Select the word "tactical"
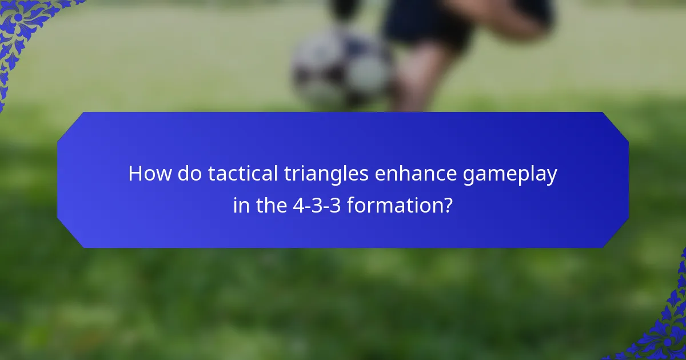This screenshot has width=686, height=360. [x=242, y=174]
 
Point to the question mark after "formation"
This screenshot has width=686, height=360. [x=448, y=205]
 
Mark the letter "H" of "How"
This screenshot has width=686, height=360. [x=135, y=174]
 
